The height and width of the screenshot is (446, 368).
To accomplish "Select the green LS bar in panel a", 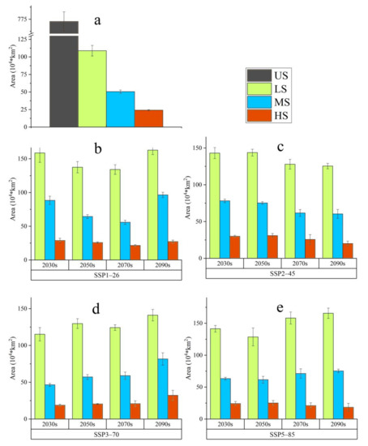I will tap(92, 89).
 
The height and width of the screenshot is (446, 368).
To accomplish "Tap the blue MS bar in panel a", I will tap(120, 109).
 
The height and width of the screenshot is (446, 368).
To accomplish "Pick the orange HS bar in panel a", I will tap(148, 118).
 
